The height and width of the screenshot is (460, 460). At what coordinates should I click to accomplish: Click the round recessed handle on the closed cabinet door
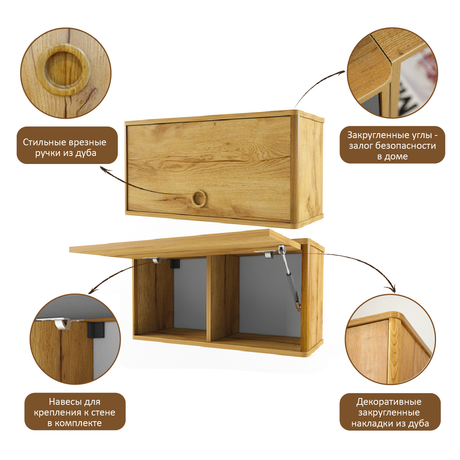[198, 198]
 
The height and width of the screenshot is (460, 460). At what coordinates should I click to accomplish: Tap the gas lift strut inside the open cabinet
[290, 280]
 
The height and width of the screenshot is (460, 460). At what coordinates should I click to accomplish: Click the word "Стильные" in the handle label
[45, 143]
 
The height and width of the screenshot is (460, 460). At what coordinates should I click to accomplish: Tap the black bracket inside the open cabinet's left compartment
[175, 263]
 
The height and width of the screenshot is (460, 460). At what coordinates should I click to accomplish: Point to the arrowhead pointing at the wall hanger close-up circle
[91, 291]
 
